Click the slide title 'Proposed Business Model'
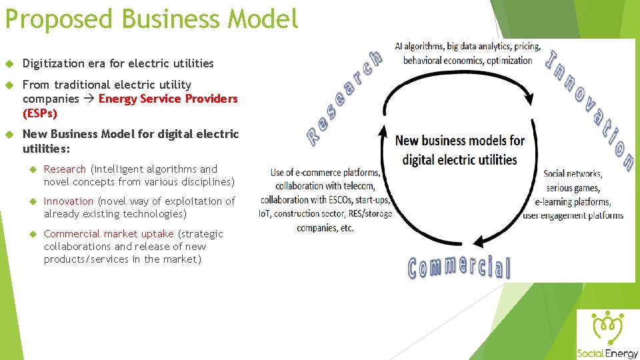tap(151, 19)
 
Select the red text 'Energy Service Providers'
tap(168, 99)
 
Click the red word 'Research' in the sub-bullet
tap(65, 169)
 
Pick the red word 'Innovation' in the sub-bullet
tap(69, 201)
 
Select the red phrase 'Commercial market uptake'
tap(109, 234)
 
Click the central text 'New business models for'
tap(460, 141)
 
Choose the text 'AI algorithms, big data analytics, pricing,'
tap(467, 47)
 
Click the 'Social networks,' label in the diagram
tap(573, 174)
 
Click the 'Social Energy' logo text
tap(607, 353)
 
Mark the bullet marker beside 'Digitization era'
tap(9, 64)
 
